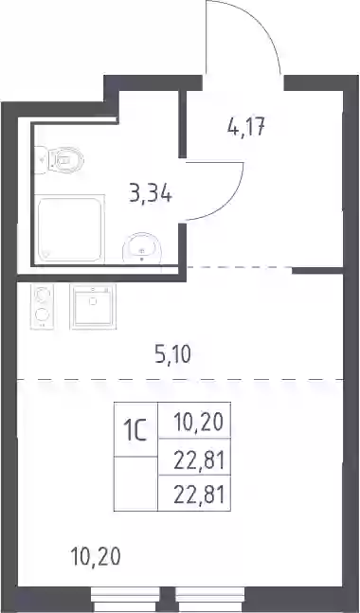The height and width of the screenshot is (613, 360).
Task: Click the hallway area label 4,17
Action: click(x=246, y=128)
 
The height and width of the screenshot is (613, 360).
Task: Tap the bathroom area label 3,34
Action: click(x=151, y=193)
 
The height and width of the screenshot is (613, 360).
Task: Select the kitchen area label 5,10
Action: click(x=172, y=355)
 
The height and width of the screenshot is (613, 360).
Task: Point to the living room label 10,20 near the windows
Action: click(x=96, y=556)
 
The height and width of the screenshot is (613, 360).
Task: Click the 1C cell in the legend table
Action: click(x=135, y=429)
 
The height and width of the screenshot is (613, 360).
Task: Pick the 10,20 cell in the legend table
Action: click(x=194, y=421)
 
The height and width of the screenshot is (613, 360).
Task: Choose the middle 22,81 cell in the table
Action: click(x=194, y=457)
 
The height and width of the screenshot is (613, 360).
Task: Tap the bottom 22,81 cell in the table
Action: click(x=194, y=493)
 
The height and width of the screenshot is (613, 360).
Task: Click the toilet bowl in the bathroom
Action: click(x=67, y=159)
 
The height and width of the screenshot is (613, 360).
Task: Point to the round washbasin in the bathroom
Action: click(x=142, y=248)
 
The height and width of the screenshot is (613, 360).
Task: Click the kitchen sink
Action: click(x=93, y=306)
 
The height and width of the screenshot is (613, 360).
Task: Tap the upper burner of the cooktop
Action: click(x=43, y=294)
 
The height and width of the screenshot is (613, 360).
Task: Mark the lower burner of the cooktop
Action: click(x=43, y=315)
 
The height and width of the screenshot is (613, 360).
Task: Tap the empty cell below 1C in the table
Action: click(x=135, y=483)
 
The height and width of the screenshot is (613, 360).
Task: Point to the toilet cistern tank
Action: click(x=42, y=160)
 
